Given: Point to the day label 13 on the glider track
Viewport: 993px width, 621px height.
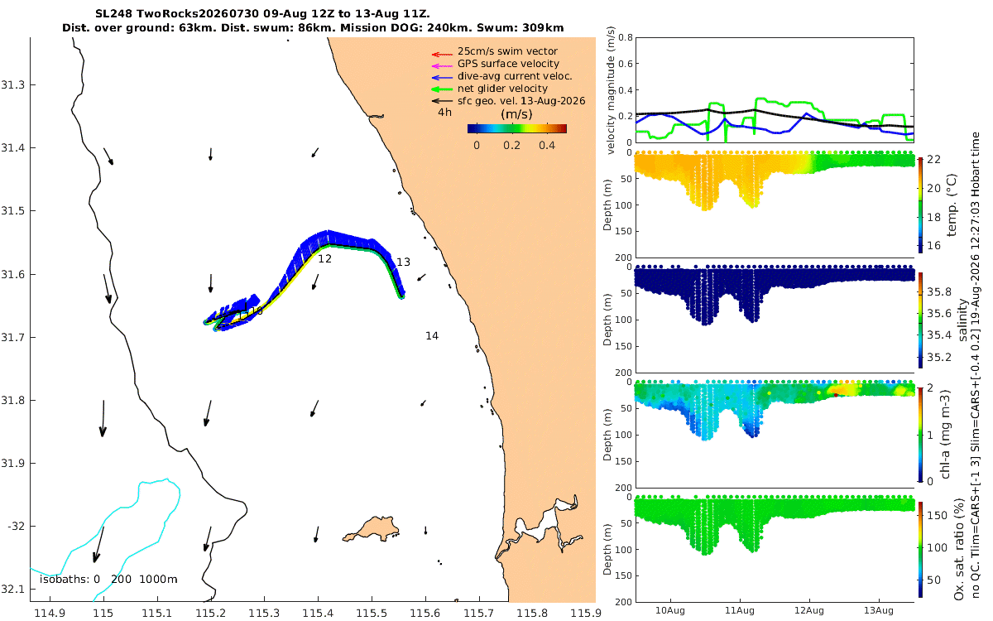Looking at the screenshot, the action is (x=403, y=262).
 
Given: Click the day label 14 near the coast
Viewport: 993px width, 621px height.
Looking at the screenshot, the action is (x=432, y=336).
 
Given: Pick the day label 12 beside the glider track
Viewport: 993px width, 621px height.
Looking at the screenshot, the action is (x=324, y=258).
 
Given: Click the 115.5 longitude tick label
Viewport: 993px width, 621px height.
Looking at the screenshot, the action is (x=372, y=614).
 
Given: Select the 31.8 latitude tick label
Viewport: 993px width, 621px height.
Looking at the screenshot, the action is (x=12, y=400).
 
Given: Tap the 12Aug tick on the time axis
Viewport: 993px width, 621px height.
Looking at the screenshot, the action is (x=809, y=610).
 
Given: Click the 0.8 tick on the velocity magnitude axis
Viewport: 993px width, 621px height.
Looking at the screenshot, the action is (x=626, y=38).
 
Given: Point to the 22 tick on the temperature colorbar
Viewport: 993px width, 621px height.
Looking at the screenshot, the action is (x=933, y=159).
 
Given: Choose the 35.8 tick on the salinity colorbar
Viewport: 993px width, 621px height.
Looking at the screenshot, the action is (x=939, y=291).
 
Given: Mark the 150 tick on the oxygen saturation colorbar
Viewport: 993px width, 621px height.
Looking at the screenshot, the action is (x=937, y=515).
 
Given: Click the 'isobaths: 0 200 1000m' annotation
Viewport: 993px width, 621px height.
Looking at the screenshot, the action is (x=108, y=580).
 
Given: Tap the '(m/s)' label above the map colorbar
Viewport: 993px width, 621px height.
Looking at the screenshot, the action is (x=516, y=114).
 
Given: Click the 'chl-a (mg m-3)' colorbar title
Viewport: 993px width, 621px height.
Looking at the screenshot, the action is (x=945, y=434).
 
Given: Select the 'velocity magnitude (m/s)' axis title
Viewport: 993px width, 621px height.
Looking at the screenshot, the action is (x=611, y=90).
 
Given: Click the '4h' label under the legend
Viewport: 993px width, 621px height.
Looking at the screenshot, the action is (x=444, y=113).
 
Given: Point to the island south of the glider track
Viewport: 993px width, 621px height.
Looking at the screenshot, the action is (x=371, y=529).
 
